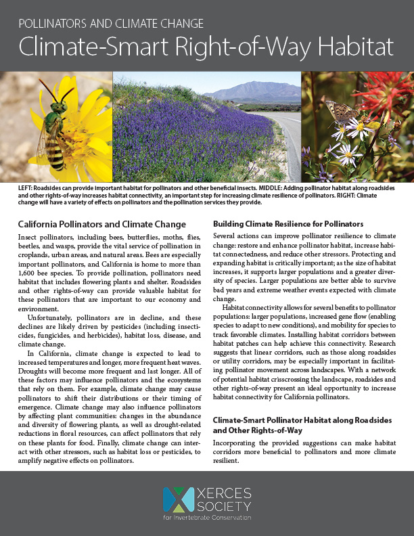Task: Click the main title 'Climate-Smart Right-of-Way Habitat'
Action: (x=206, y=47)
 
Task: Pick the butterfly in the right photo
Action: (x=342, y=112)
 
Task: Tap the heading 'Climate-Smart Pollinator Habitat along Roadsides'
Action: (x=302, y=420)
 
